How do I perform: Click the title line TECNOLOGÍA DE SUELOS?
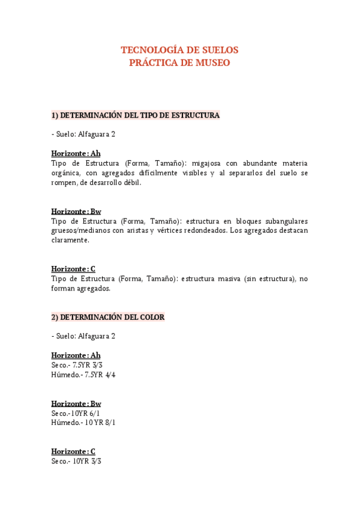[x=179, y=50]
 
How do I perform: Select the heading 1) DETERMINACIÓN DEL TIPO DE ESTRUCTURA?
[x=136, y=115]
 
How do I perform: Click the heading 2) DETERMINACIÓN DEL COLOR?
[x=108, y=317]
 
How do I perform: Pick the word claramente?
[x=70, y=240]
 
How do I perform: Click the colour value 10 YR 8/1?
[x=100, y=423]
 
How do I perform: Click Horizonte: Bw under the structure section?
[x=76, y=211]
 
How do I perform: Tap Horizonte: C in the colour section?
[x=73, y=451]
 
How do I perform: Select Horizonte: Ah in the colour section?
[x=76, y=355]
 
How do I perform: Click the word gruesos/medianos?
[x=81, y=230]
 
